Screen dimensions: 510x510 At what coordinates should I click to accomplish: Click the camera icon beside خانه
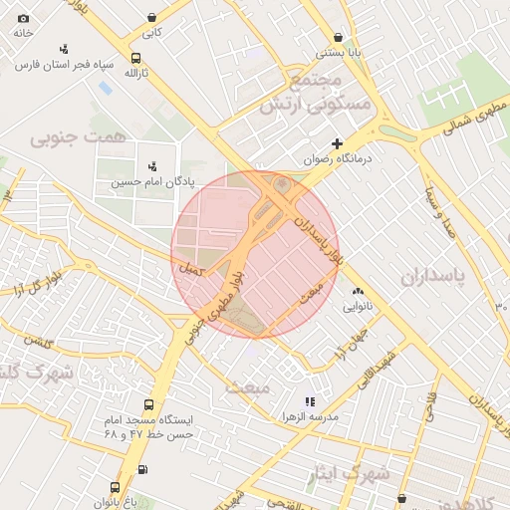coord(24,19)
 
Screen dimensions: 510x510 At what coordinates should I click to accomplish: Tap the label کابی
coord(151,33)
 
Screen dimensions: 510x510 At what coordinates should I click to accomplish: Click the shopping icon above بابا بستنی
coord(340,37)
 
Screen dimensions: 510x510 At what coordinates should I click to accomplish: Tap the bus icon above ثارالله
coord(135,58)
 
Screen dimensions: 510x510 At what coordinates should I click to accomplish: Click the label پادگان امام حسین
coord(152,182)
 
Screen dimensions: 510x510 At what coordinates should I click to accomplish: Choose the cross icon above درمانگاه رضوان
coord(338,143)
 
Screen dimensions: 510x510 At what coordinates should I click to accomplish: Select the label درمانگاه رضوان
coord(338,158)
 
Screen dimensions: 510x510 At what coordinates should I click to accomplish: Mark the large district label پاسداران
coord(434,276)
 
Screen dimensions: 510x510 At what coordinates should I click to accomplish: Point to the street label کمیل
coord(188,270)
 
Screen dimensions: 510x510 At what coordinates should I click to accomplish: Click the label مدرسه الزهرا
coord(310,414)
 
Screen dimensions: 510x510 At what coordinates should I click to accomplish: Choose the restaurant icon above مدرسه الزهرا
coord(310,400)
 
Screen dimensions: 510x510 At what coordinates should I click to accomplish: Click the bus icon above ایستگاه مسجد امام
coord(149,405)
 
